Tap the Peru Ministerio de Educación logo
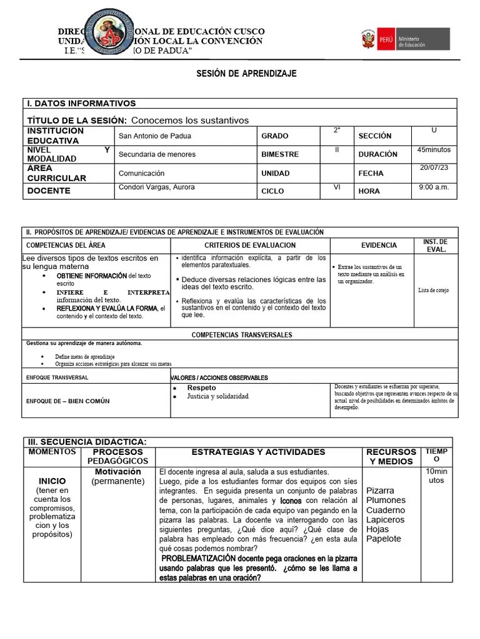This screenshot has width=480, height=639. click(404, 39)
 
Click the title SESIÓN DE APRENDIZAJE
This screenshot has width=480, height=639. click(246, 74)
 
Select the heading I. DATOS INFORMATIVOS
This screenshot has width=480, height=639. click(81, 104)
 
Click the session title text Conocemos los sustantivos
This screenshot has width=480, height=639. click(190, 120)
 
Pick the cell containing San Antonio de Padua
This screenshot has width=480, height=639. click(155, 136)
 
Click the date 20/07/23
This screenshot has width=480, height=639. click(434, 169)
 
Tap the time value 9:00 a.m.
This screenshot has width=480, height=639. click(434, 187)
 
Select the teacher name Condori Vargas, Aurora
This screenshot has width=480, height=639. click(156, 187)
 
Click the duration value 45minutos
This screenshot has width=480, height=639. click(434, 150)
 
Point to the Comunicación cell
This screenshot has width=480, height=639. click(141, 173)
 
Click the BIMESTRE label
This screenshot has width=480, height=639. click(280, 154)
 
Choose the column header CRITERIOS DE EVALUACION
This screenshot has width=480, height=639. click(250, 245)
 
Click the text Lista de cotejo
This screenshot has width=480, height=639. click(434, 290)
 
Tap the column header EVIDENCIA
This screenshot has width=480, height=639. click(379, 245)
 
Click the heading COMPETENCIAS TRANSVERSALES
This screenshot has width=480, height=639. click(242, 335)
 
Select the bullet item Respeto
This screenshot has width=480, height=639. click(201, 388)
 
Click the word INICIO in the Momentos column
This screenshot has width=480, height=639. click(52, 482)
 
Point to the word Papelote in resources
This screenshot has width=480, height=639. click(384, 539)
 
